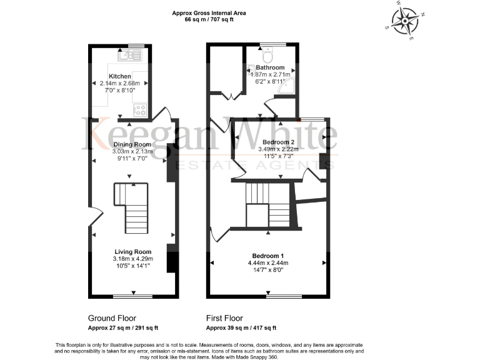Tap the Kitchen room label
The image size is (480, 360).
121,76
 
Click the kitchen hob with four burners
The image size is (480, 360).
139,110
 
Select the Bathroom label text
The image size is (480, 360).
270,67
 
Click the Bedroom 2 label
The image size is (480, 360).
278,142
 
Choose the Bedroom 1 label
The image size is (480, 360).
268,256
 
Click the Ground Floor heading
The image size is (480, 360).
112,318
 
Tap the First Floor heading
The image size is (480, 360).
224,318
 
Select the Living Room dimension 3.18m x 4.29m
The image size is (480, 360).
132,259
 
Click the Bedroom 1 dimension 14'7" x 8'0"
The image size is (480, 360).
268,271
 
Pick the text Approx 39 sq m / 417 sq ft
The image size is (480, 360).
241,327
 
